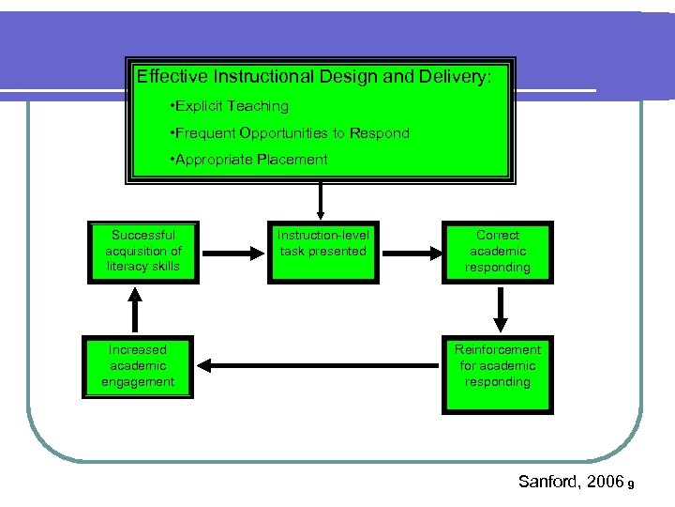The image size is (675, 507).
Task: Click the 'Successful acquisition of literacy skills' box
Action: pyautogui.click(x=142, y=252)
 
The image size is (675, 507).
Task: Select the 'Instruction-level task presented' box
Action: pyautogui.click(x=322, y=252)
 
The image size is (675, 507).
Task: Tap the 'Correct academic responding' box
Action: pyautogui.click(x=497, y=252)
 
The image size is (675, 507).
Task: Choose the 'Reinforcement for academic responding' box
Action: pyautogui.click(x=497, y=373)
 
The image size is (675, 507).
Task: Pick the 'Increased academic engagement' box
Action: pyautogui.click(x=138, y=366)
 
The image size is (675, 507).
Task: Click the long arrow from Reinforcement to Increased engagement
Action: pyautogui.click(x=319, y=366)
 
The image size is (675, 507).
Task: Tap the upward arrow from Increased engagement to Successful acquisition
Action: pyautogui.click(x=137, y=308)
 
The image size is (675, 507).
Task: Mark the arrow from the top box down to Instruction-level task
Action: pyautogui.click(x=321, y=200)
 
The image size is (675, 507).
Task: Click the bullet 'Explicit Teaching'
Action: pyautogui.click(x=229, y=106)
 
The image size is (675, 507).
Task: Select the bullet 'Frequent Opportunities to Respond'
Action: pyautogui.click(x=290, y=133)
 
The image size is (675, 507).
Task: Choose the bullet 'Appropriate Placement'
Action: pyautogui.click(x=248, y=160)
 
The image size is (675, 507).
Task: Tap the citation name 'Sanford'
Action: pyautogui.click(x=549, y=481)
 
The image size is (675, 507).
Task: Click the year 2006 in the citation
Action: pyautogui.click(x=605, y=481)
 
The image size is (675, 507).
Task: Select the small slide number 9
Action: pyautogui.click(x=633, y=484)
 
